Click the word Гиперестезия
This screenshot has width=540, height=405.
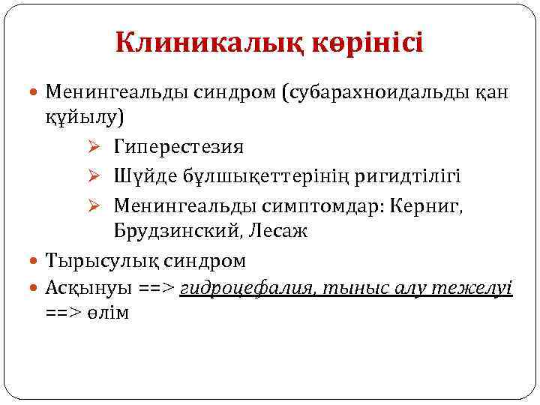pyautogui.click(x=178, y=146)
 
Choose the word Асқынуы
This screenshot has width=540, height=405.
pyautogui.click(x=87, y=287)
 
